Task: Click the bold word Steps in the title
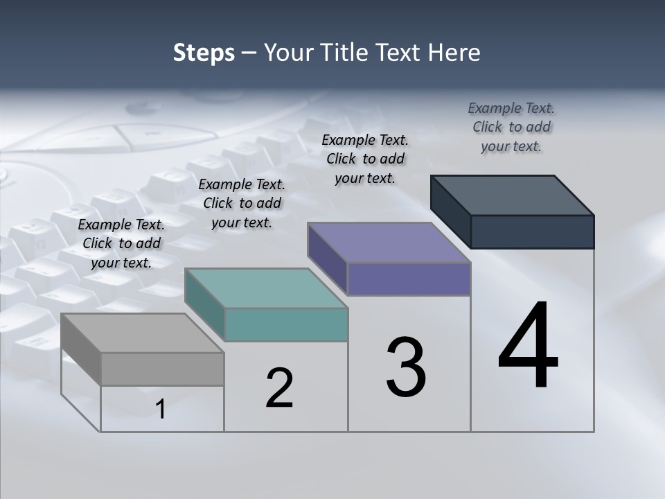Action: pos(204,53)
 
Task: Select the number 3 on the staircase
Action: pos(406,367)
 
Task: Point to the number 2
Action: pos(280,388)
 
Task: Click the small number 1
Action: pos(161,410)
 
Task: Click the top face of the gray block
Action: pos(142,333)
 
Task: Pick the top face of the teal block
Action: pos(266,288)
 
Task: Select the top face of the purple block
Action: pos(389,243)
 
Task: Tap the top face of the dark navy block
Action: pos(513,195)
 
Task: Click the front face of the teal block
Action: pos(286,324)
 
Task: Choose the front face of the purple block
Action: pos(409,279)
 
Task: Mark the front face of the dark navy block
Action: pos(532,231)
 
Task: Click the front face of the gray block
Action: pos(162,369)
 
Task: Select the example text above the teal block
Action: pos(242,204)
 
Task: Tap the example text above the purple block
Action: pos(365,159)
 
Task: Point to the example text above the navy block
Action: pos(511,127)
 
